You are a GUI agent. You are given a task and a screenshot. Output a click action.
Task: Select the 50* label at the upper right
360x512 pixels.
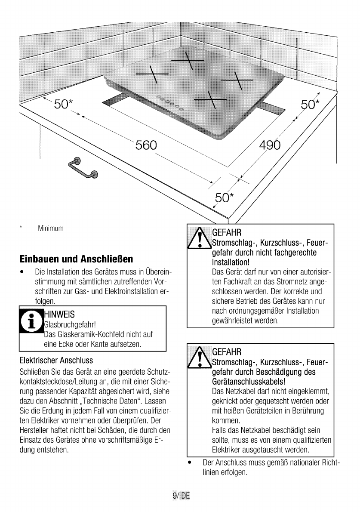(x=311, y=105)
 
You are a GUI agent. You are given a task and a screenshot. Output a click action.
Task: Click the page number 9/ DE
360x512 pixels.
(x=180, y=496)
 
